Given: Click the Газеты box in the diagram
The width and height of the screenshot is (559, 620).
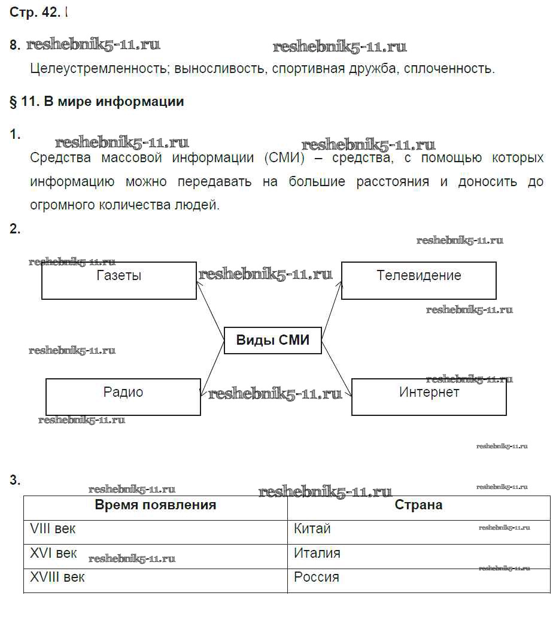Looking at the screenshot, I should point(119,280).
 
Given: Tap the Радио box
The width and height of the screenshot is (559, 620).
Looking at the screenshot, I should point(123,396).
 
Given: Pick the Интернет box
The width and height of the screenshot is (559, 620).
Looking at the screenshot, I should point(429,396).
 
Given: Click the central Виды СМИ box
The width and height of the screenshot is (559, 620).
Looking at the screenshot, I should point(273,341).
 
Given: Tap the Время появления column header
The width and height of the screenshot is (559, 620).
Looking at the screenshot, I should point(156,505).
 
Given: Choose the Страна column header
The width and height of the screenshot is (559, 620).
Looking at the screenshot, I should point(418,505).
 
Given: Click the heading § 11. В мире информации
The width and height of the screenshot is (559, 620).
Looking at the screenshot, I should point(97,102).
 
